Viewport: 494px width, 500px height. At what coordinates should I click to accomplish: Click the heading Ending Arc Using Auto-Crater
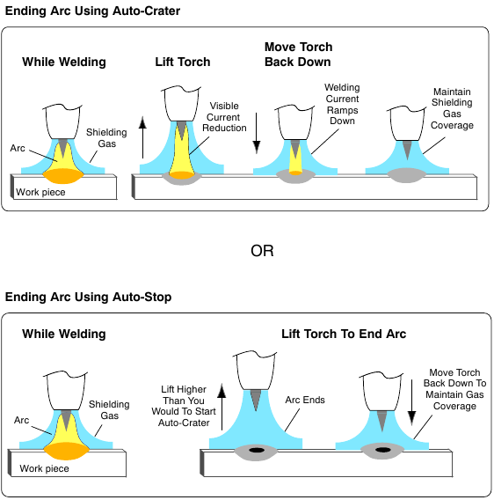click(92, 11)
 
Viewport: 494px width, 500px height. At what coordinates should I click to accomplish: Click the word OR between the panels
click(262, 251)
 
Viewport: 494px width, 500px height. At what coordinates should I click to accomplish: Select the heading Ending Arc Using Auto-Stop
click(88, 298)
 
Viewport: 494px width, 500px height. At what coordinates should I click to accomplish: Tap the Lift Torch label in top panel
click(182, 62)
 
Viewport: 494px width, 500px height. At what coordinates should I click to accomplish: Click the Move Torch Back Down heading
click(298, 54)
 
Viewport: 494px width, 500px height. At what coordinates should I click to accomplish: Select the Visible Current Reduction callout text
click(223, 118)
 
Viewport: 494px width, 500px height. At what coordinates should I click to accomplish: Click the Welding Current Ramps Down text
click(342, 104)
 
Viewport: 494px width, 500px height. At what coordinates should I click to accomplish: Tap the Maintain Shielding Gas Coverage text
click(453, 108)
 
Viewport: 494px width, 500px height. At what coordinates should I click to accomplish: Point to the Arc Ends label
click(305, 401)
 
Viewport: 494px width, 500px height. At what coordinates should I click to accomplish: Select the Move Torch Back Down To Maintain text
click(456, 388)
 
